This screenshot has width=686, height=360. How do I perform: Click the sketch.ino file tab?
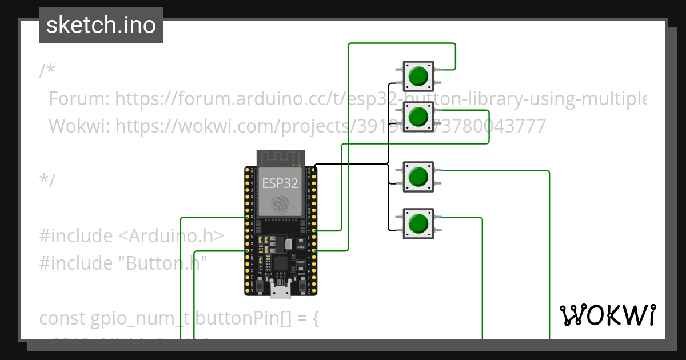(x=101, y=25)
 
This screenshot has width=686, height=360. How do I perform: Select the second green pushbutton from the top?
(x=418, y=117)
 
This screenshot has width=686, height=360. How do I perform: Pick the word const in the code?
(x=62, y=318)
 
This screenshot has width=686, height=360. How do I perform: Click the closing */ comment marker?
(x=47, y=180)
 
